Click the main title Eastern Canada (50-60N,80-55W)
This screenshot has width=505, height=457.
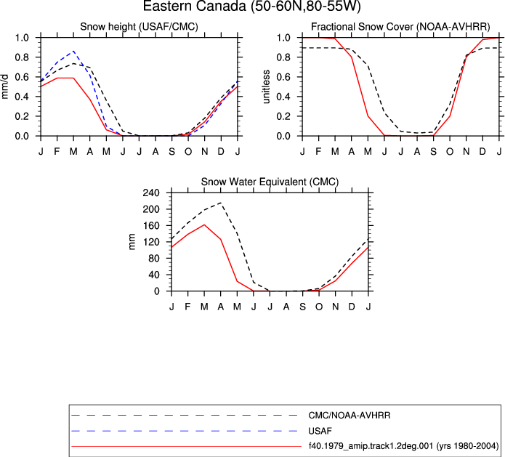(x=251, y=6)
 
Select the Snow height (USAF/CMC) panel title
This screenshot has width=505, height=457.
(x=139, y=26)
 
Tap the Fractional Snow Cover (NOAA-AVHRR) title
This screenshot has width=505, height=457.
(x=400, y=26)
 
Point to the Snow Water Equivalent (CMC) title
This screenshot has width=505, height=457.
(x=270, y=182)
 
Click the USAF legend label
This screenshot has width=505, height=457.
(x=320, y=431)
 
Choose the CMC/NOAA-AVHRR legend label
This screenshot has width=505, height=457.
(x=349, y=416)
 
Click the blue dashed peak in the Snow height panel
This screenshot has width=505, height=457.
(x=74, y=51)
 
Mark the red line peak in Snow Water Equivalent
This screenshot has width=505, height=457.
(x=204, y=225)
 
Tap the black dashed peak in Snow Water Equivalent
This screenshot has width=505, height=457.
(x=221, y=203)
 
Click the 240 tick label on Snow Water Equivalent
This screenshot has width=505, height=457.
(x=152, y=193)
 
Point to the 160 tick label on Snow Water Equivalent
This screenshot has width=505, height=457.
(x=152, y=226)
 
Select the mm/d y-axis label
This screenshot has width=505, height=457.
(x=4, y=86)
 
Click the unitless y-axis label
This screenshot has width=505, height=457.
(x=266, y=86)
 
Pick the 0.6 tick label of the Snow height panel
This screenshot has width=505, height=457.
(x=22, y=77)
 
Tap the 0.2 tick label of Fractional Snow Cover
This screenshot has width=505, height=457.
(x=283, y=116)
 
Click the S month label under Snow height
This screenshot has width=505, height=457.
(x=172, y=151)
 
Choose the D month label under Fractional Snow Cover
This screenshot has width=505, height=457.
(x=482, y=151)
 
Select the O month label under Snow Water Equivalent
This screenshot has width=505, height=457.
(x=319, y=307)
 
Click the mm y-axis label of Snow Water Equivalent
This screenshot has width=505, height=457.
(x=132, y=242)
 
